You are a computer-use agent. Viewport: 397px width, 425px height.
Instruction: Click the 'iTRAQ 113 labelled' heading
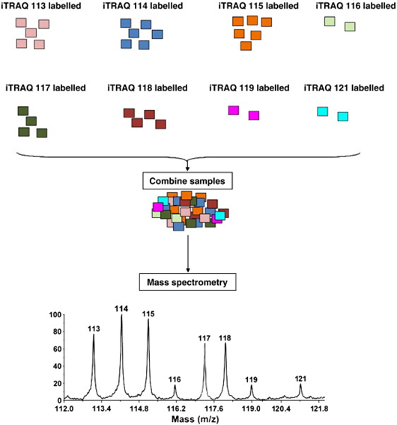click(40, 6)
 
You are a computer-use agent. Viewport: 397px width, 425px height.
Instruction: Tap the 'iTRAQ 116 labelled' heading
click(356, 6)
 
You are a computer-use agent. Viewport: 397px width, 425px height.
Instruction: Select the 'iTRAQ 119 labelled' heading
click(249, 88)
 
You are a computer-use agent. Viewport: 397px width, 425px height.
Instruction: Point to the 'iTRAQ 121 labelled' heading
click(344, 88)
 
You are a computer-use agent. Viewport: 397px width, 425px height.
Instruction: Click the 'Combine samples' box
click(187, 181)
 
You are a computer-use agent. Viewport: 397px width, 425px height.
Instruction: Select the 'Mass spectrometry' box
click(187, 282)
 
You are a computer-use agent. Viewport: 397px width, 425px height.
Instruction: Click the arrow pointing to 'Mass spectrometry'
click(188, 254)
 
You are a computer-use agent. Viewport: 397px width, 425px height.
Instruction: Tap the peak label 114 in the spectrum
click(121, 309)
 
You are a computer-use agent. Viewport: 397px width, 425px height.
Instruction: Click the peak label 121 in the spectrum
click(300, 379)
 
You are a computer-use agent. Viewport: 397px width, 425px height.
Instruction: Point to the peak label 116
click(175, 379)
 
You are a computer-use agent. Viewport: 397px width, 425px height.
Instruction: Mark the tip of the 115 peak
click(148, 319)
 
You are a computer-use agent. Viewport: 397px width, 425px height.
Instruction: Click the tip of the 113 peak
click(94, 334)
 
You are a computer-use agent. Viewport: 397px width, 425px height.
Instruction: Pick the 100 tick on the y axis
click(63, 315)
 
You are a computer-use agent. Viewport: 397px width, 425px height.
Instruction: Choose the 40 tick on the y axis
click(63, 366)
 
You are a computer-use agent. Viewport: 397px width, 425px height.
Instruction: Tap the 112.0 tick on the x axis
click(64, 400)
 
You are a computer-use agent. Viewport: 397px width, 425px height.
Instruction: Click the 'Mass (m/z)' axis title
click(195, 419)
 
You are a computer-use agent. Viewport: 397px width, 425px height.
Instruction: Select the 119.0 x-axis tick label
click(252, 409)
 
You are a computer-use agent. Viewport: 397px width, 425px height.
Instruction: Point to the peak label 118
click(225, 338)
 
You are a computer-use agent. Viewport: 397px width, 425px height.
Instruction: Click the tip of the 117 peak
click(205, 343)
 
